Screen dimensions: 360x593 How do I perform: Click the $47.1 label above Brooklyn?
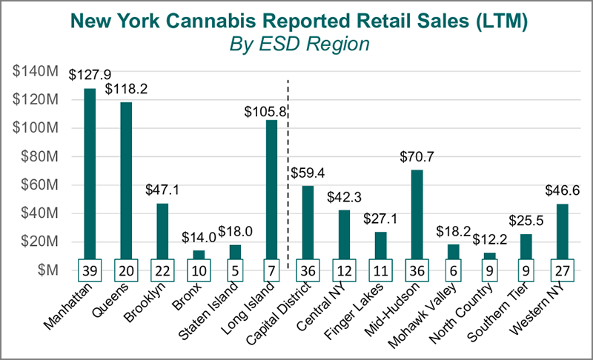(163, 190)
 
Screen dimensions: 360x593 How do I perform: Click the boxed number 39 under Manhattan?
(90, 270)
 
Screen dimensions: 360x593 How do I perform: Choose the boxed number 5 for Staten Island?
(235, 270)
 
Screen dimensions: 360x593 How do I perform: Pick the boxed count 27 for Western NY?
(562, 270)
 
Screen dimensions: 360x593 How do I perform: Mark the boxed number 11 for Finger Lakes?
(380, 270)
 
